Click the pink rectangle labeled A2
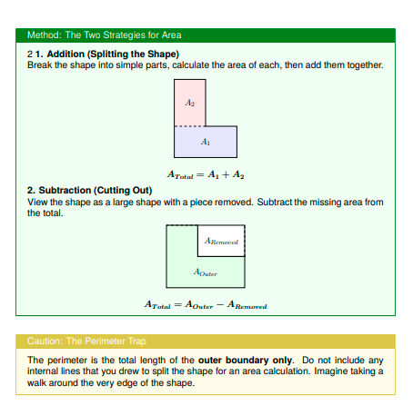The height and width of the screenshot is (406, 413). pos(190,103)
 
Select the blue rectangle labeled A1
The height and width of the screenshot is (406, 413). pos(206,142)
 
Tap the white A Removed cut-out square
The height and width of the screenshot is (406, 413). pos(221,241)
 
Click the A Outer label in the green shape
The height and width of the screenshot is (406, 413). pos(206,272)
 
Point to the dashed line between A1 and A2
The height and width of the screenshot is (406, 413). pos(190,126)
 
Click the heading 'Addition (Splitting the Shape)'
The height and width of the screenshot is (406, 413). pos(113,54)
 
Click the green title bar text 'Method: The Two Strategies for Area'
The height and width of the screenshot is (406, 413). pos(105,35)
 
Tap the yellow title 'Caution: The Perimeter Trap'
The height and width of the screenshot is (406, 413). pos(86,342)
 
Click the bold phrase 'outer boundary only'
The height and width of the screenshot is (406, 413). pos(245,360)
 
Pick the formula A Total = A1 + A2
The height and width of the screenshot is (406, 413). pos(206,174)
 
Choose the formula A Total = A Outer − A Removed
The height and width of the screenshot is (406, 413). pos(206,304)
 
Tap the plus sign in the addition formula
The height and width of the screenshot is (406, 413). pos(226,174)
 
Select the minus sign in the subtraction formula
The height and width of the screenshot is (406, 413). pos(220,304)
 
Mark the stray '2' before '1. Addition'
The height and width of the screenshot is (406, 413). pos(30,54)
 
